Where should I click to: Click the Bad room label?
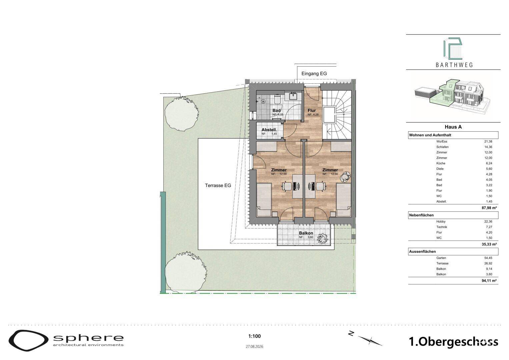277,111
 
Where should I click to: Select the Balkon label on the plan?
306,233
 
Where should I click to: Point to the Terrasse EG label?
218,185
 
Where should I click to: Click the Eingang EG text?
314,74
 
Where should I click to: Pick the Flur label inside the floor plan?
312,111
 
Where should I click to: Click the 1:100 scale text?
255,336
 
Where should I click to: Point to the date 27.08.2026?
255,347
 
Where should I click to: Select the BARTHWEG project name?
454,65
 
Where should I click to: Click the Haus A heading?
453,127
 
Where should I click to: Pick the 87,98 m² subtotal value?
489,208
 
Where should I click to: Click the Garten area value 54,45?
488,258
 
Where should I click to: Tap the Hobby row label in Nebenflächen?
441,222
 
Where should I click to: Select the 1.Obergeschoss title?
454,342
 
